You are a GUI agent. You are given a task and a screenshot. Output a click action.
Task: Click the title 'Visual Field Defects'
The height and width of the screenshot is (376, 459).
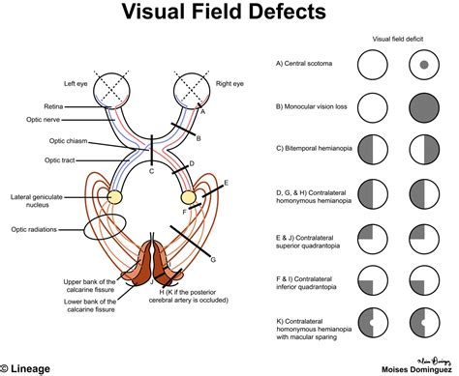pos(229,14)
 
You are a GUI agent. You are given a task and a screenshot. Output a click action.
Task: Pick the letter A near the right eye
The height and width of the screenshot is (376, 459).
pos(202,111)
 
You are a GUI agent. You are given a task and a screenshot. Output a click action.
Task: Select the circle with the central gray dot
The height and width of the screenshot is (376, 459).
pos(424,66)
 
